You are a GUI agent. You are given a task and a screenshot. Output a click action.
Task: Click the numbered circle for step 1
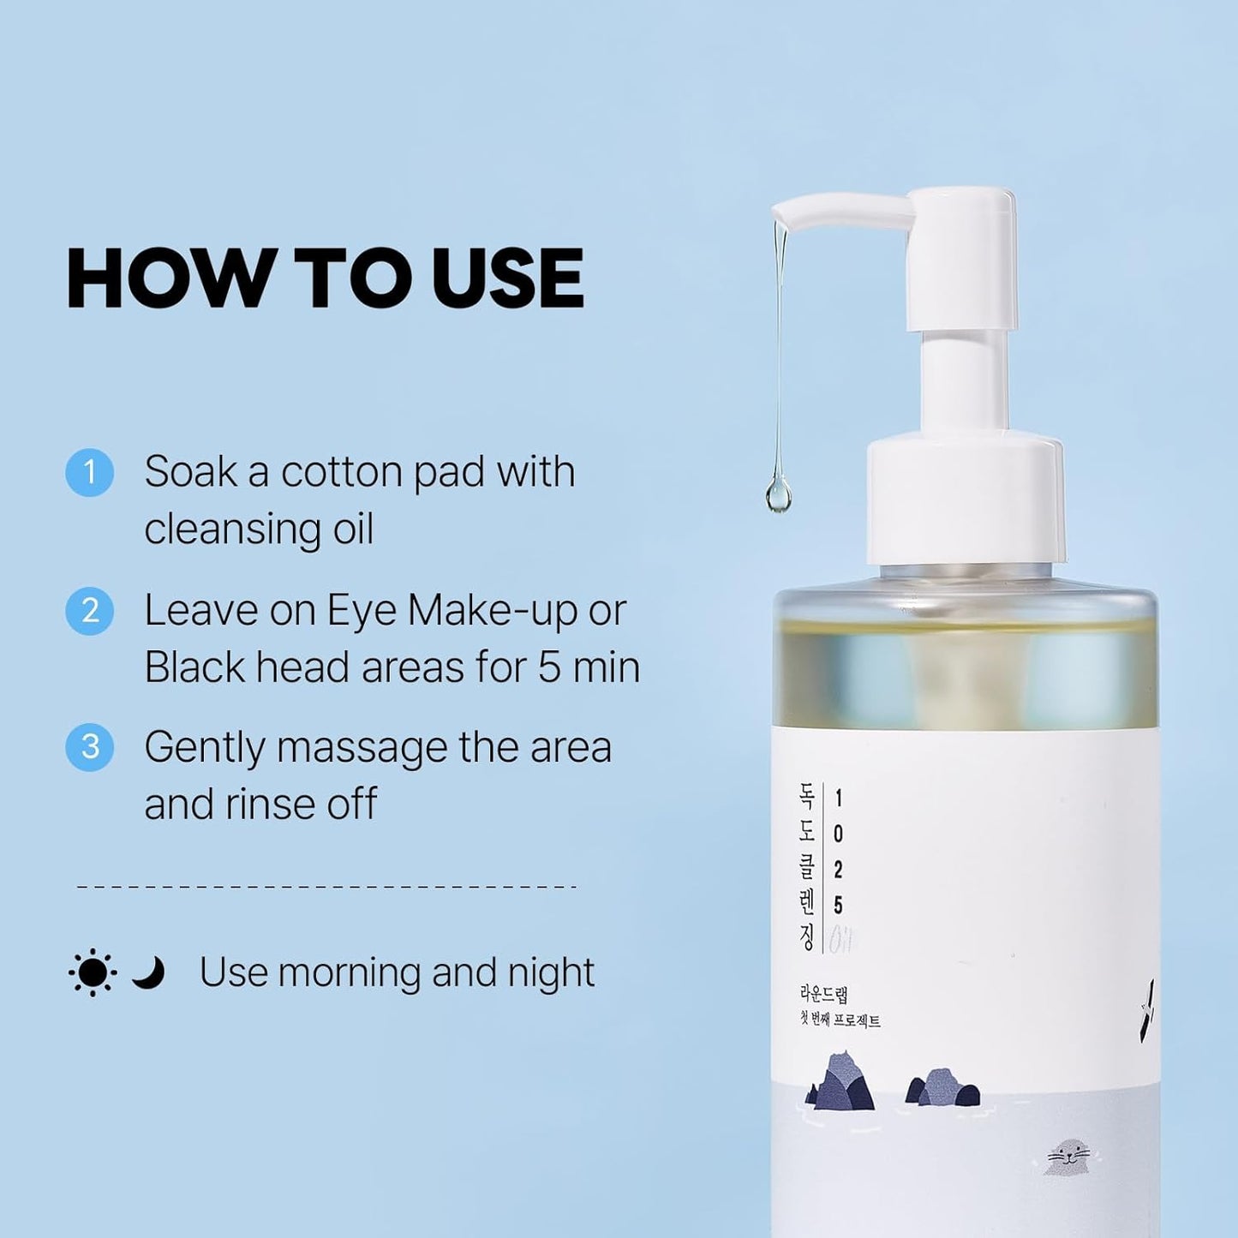click(x=89, y=472)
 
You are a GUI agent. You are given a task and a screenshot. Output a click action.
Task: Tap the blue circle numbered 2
click(x=89, y=611)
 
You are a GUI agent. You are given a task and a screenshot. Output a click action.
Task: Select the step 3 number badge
click(x=89, y=747)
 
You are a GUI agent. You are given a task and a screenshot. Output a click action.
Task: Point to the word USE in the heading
click(x=507, y=278)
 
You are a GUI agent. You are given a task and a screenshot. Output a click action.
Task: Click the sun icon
click(x=92, y=973)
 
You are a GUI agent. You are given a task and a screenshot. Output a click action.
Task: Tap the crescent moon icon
click(x=148, y=972)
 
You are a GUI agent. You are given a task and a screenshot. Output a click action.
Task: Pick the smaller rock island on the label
click(x=943, y=1088)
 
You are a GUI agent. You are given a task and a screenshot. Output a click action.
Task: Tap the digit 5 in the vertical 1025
click(x=838, y=906)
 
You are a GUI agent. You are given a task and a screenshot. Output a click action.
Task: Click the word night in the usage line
click(x=551, y=973)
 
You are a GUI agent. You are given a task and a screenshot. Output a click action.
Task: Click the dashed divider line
click(x=326, y=887)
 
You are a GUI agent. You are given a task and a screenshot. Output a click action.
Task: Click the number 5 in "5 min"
click(x=549, y=668)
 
